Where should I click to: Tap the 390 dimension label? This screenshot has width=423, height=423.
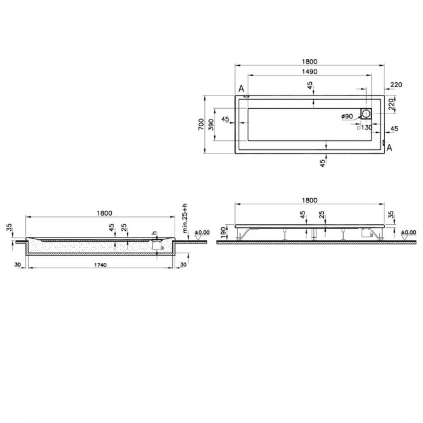[211, 125]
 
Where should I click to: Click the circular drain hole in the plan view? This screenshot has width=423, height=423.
[366, 114]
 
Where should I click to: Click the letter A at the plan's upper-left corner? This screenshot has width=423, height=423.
[241, 89]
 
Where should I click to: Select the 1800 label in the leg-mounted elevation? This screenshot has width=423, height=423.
[308, 200]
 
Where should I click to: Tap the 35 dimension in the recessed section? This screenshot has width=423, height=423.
[9, 228]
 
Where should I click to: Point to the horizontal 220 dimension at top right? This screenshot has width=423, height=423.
[396, 85]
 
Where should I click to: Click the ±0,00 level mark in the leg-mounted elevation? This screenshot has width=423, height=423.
[408, 232]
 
